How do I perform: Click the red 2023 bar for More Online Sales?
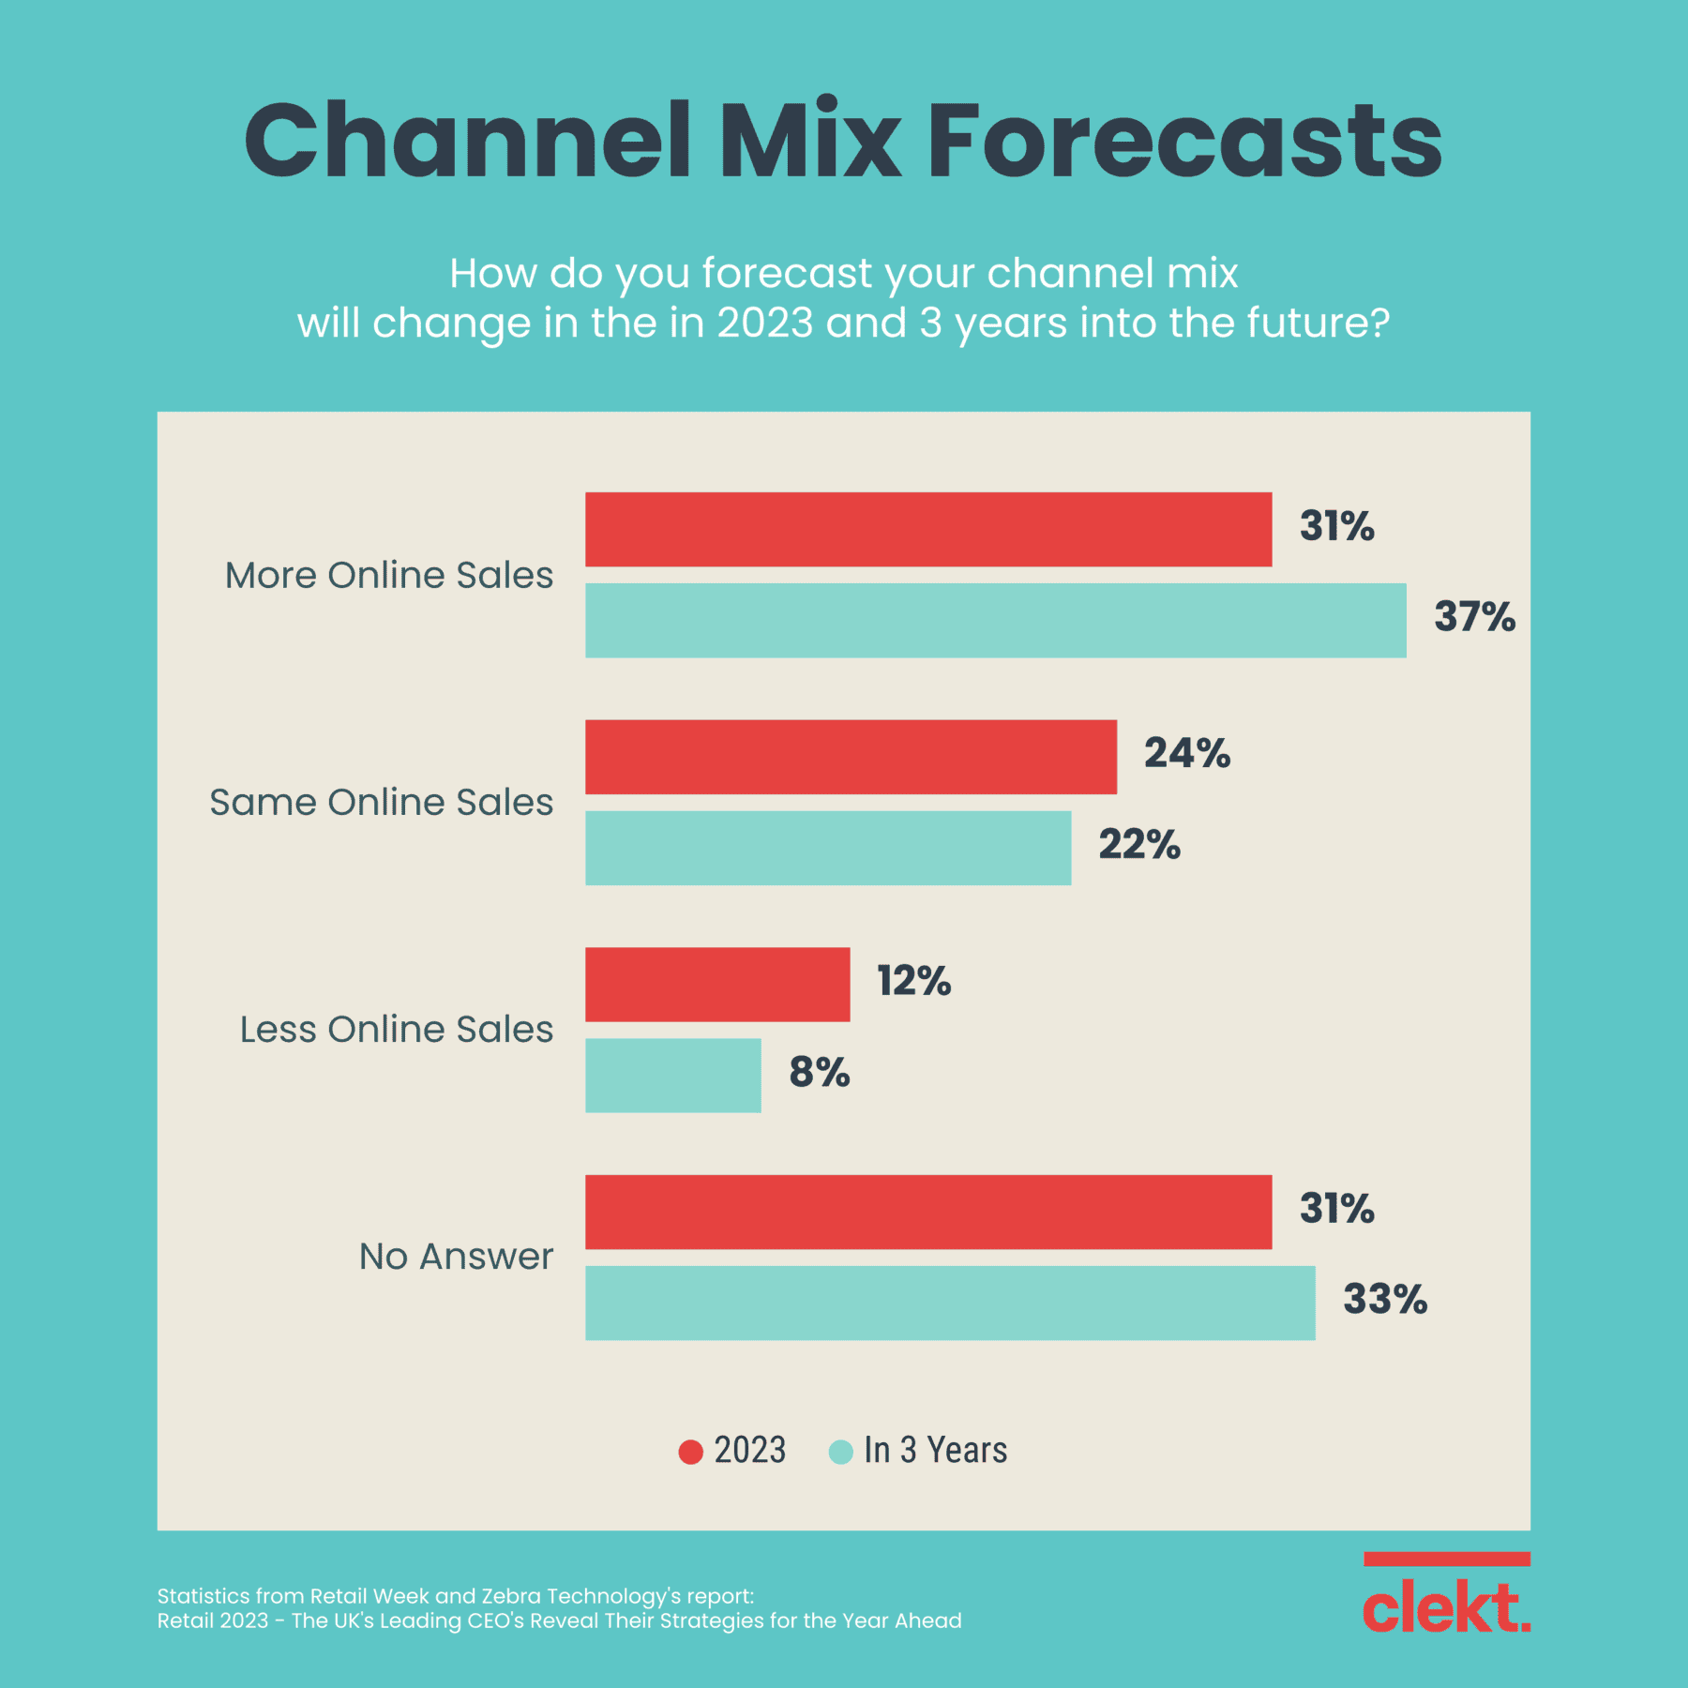[x=928, y=529]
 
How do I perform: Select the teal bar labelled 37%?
[x=995, y=620]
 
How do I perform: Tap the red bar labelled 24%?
[x=851, y=757]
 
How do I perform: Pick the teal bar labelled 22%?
[x=828, y=848]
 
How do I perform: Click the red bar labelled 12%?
[x=717, y=984]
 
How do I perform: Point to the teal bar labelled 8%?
[x=672, y=1075]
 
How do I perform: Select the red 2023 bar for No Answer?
[x=928, y=1212]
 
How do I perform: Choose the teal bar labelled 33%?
[x=950, y=1303]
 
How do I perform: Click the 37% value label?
[x=1473, y=617]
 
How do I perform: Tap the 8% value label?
[x=819, y=1072]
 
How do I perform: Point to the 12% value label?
[x=913, y=981]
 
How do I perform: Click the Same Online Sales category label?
[x=381, y=803]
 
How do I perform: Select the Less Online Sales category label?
[x=396, y=1030]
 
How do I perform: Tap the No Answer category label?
[x=456, y=1257]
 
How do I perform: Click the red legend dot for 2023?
[x=691, y=1452]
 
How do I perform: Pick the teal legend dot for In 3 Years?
[x=841, y=1452]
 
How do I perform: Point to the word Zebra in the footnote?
[x=511, y=1596]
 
